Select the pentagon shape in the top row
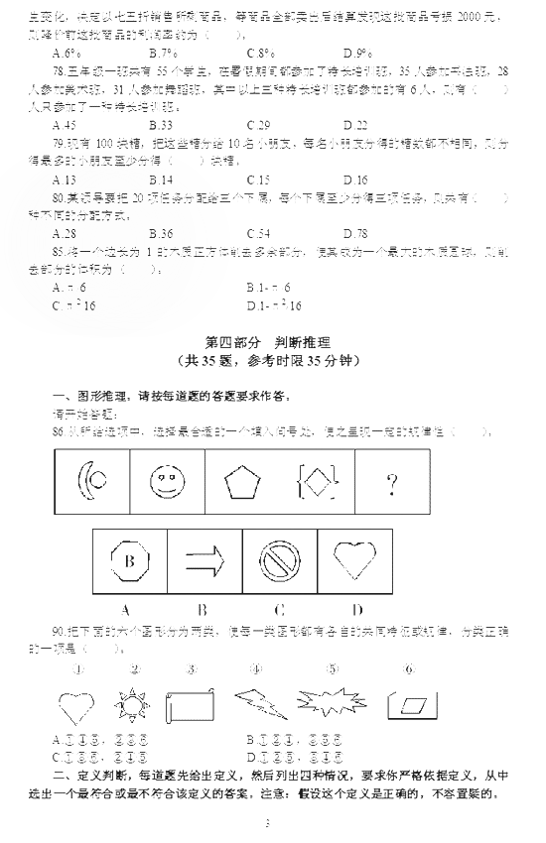[x=239, y=483]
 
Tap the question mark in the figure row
[x=392, y=484]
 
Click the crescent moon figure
[x=92, y=483]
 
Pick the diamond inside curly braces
[x=317, y=483]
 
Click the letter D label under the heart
[x=355, y=609]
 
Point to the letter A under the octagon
[x=126, y=609]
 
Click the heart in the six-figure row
[x=78, y=706]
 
